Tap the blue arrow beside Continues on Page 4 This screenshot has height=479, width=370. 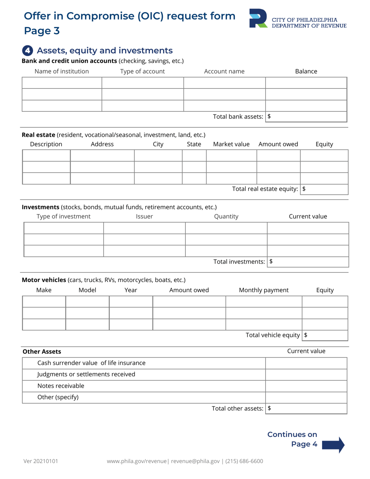coord(334,445)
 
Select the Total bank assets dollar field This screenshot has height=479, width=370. coord(306,116)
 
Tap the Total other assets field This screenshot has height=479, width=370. coord(306,408)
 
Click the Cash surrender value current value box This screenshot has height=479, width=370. coord(306,363)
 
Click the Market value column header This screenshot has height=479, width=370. coord(231,144)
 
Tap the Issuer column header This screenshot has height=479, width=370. coord(144,216)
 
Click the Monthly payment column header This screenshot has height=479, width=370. coord(264,290)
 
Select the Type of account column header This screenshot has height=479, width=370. coord(143,71)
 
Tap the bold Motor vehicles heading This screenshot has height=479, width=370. coord(44,280)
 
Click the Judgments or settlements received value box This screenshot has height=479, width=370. coord(306,375)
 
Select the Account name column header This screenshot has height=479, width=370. coord(224,71)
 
